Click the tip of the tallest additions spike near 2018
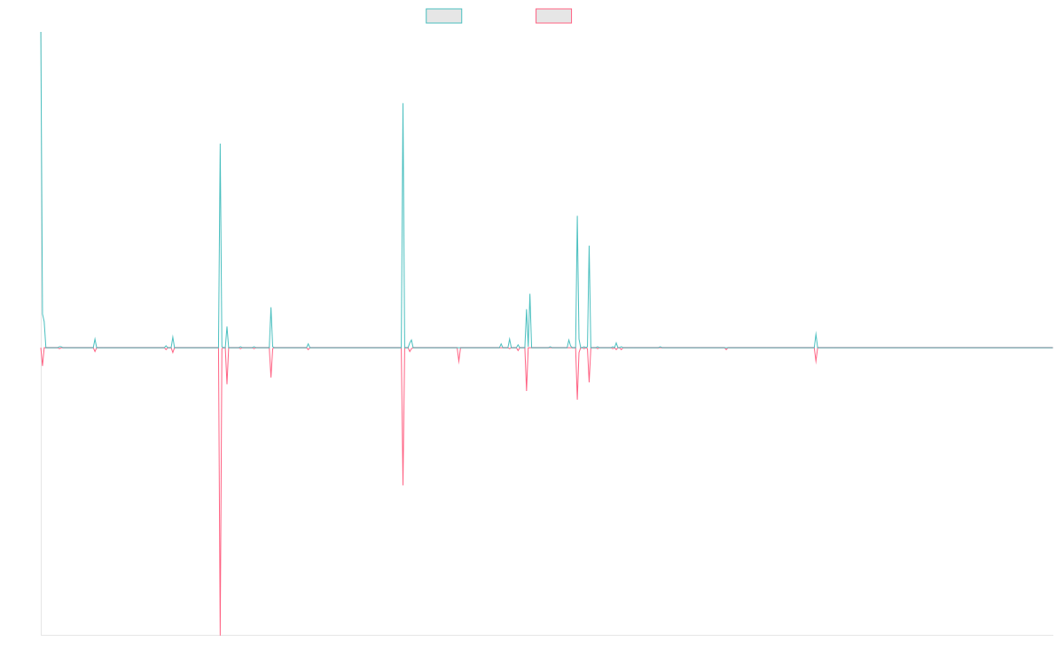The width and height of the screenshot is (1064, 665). pos(403,104)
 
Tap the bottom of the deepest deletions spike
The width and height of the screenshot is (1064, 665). pos(220,634)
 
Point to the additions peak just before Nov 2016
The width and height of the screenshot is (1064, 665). pos(220,144)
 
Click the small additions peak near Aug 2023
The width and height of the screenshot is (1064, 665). pos(816,332)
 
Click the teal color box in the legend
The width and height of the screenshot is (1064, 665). pos(444,16)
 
